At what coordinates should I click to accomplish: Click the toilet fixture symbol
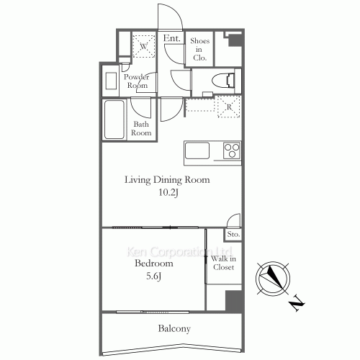point(223,80)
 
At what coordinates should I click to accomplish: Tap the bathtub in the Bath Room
point(114,120)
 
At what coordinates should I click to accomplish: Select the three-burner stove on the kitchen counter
point(231,150)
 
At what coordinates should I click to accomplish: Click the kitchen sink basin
point(197,150)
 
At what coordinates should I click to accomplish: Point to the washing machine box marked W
point(144,46)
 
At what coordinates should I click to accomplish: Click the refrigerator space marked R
point(229,107)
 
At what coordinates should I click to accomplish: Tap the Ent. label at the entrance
point(171,38)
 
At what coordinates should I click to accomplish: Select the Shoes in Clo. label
point(199,49)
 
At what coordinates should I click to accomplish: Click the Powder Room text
point(137,81)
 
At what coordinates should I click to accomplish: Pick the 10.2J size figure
point(168,192)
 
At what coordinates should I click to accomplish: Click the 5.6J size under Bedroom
point(153,276)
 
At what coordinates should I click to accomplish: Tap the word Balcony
point(174,328)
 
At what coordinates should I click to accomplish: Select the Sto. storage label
point(233,234)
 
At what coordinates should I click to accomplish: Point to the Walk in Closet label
point(223,263)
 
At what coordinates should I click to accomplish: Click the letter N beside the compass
point(297,303)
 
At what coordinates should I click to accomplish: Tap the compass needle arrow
point(275,277)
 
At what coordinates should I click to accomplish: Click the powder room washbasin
point(111,81)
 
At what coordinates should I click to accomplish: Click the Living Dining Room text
point(167,180)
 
